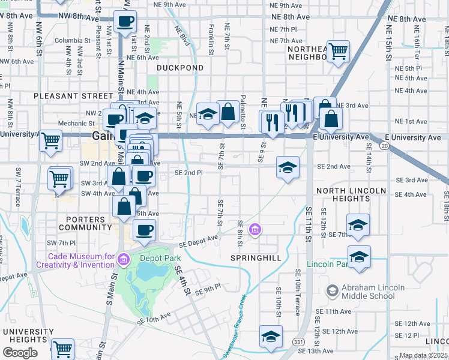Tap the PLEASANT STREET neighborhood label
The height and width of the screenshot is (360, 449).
(x=73, y=96)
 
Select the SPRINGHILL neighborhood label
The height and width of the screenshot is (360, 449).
(x=255, y=257)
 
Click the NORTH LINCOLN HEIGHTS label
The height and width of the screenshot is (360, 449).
(x=351, y=194)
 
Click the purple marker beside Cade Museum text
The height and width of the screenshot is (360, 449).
(x=124, y=260)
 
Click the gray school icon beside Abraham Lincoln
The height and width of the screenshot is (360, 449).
(x=332, y=291)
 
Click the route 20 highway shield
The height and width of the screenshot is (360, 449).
(x=384, y=146)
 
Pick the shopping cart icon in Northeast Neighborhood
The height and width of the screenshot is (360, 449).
(x=338, y=52)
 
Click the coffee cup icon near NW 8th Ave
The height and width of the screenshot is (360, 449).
(x=125, y=22)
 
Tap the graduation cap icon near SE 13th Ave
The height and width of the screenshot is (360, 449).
(x=271, y=337)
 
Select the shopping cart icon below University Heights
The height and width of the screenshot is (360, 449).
(x=62, y=349)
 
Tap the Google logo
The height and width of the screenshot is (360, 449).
(x=20, y=353)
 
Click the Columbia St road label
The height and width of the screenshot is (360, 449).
(x=71, y=41)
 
